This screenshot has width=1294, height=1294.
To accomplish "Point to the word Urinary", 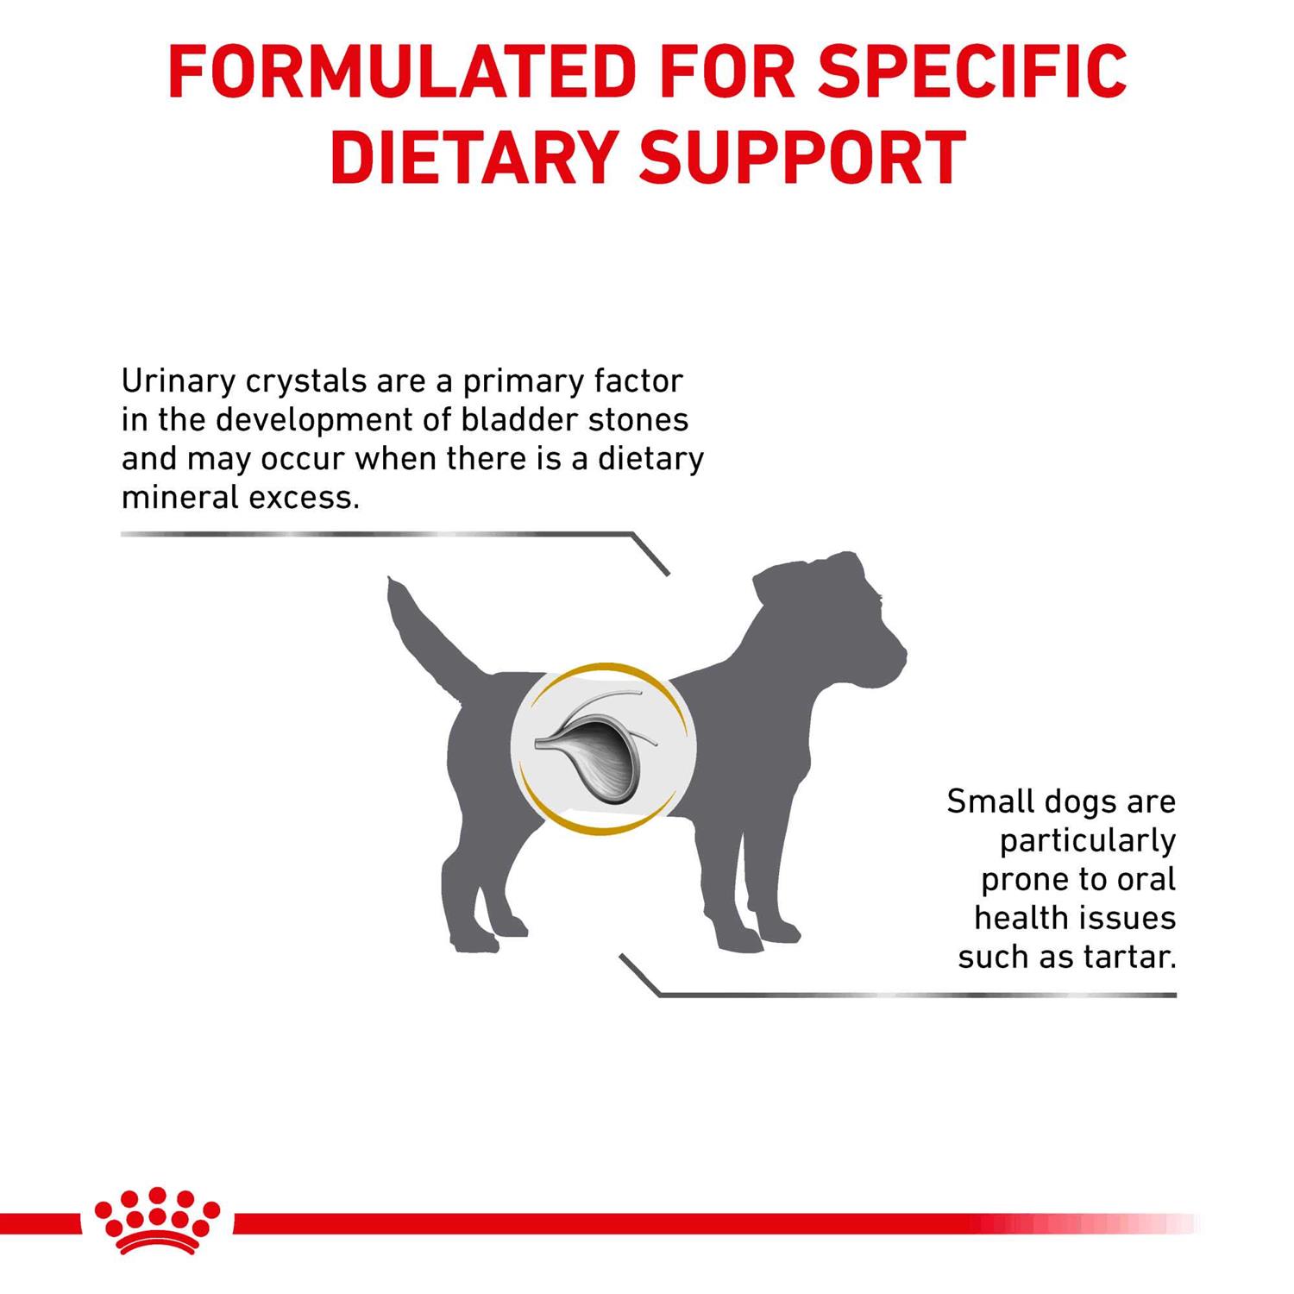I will [x=178, y=381].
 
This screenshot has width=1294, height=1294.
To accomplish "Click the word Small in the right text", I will [x=989, y=801].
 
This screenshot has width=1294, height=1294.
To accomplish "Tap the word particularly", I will [x=1088, y=840].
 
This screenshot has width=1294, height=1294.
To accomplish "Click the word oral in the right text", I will [x=1146, y=879].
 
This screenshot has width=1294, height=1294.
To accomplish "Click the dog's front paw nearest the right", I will [x=780, y=933].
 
